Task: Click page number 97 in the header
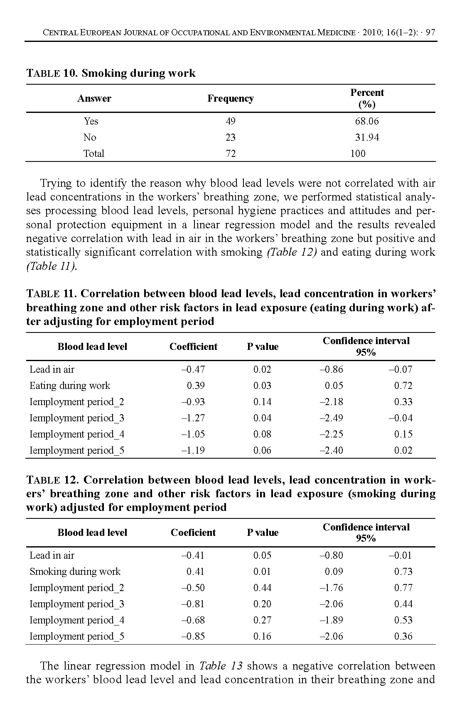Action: pyautogui.click(x=430, y=33)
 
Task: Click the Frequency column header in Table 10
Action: pyautogui.click(x=230, y=98)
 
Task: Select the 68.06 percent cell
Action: pyautogui.click(x=366, y=121)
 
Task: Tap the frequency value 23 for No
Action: pyautogui.click(x=230, y=137)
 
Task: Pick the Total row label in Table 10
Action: pyautogui.click(x=93, y=154)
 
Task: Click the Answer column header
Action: pyautogui.click(x=94, y=98)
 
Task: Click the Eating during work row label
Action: pyautogui.click(x=70, y=386)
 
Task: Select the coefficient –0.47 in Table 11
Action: pyautogui.click(x=193, y=369)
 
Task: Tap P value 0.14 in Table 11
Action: pyautogui.click(x=262, y=402)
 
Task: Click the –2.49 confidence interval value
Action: pyautogui.click(x=331, y=418)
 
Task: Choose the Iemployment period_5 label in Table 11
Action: pyautogui.click(x=77, y=450)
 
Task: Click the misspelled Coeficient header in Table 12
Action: pyautogui.click(x=193, y=533)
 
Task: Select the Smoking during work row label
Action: pyautogui.click(x=75, y=572)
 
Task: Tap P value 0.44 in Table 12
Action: pyautogui.click(x=262, y=588)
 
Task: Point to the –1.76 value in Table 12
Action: pyautogui.click(x=331, y=588)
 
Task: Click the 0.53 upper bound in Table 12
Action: pyautogui.click(x=403, y=620)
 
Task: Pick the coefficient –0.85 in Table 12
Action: pyautogui.click(x=193, y=636)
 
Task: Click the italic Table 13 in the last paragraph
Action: pyautogui.click(x=221, y=666)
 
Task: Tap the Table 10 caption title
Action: pyautogui.click(x=111, y=73)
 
